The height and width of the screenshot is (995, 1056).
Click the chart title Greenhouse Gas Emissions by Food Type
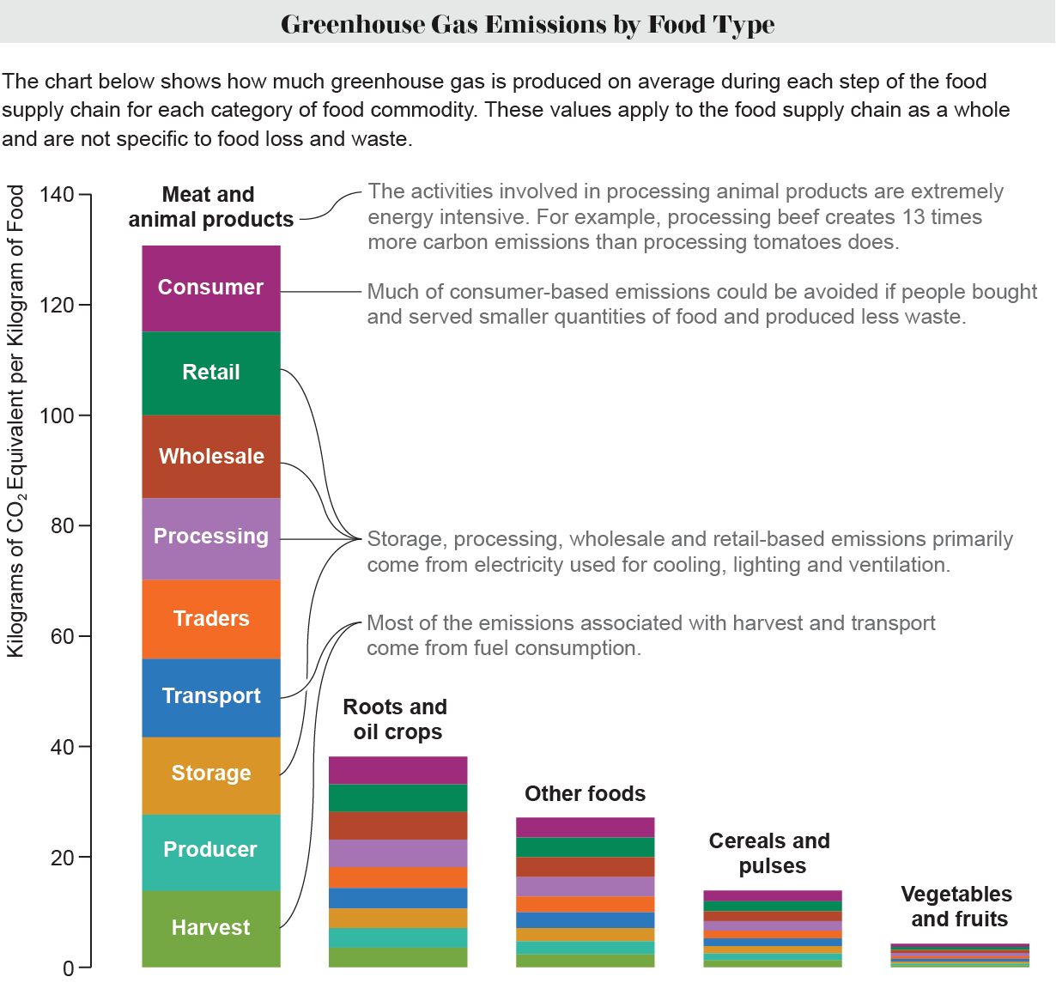[x=527, y=23]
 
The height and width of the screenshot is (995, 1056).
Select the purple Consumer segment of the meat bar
[x=211, y=288]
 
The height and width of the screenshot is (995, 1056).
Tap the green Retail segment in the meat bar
[x=211, y=373]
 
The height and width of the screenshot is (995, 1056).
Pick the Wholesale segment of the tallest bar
[x=211, y=456]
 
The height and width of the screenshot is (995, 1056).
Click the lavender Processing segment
[x=211, y=537]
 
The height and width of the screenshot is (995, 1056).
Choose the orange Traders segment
[x=211, y=619]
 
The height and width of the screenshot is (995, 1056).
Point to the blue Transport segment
[x=211, y=696]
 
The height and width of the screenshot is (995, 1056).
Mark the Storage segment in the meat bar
[x=211, y=774]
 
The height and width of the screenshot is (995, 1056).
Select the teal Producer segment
[x=211, y=850]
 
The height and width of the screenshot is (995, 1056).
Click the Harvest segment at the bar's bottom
[x=211, y=928]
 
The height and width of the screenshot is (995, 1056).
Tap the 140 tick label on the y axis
[x=58, y=195]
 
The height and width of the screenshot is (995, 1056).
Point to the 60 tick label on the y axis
[x=63, y=636]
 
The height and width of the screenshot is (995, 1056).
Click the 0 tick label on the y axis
[x=69, y=968]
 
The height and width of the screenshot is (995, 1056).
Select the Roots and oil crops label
[x=397, y=719]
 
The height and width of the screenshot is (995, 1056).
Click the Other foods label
[x=585, y=794]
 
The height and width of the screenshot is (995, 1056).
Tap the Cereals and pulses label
[x=770, y=853]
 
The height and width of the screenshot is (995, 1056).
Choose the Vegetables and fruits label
[x=957, y=907]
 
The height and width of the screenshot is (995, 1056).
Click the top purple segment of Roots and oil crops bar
[x=398, y=770]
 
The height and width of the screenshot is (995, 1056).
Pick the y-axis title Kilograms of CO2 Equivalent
[x=16, y=421]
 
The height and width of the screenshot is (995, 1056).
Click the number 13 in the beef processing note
[x=904, y=217]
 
